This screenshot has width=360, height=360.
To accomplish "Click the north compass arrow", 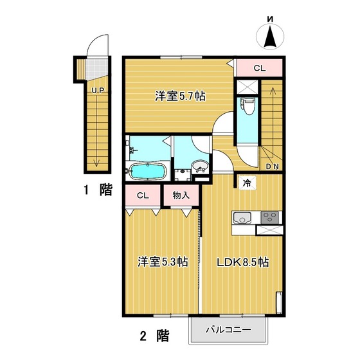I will coord(271,37).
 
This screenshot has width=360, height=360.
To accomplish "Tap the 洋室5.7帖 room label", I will coord(180,96).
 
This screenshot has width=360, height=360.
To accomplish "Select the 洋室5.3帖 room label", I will coord(162,262).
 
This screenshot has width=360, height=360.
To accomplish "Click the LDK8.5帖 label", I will coord(243,262).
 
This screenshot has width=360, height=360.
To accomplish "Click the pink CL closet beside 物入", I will coord(143,195).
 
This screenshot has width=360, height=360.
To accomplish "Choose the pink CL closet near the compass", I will coord(258,67).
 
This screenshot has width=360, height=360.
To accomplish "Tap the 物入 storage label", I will coord(181,195).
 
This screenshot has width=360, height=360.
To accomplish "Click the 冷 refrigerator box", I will coord(248,182).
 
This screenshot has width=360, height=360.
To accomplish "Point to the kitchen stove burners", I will coord(269,217).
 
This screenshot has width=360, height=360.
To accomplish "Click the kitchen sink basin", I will coord(240,217).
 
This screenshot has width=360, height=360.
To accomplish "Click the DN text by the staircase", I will coord(272,168).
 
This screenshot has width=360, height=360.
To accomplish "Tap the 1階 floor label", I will coord(97,190).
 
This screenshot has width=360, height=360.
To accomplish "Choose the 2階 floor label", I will coord(154,335).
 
